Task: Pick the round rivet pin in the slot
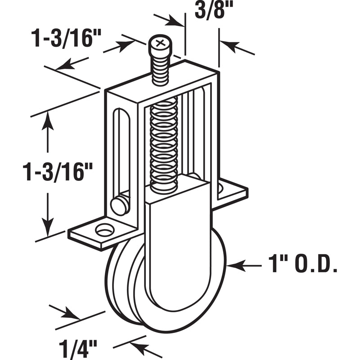120,205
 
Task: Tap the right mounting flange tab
232,189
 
